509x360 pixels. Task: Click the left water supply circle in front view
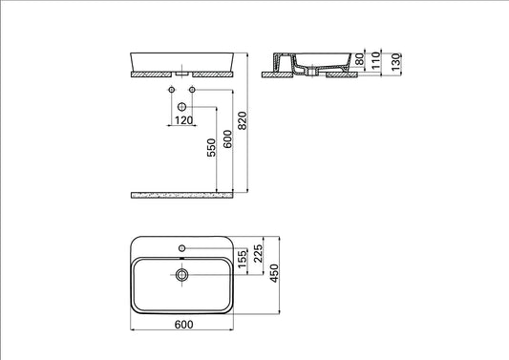(x=170, y=90)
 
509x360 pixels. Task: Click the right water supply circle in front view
(x=192, y=90)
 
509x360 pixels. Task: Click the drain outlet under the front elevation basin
(x=181, y=72)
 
